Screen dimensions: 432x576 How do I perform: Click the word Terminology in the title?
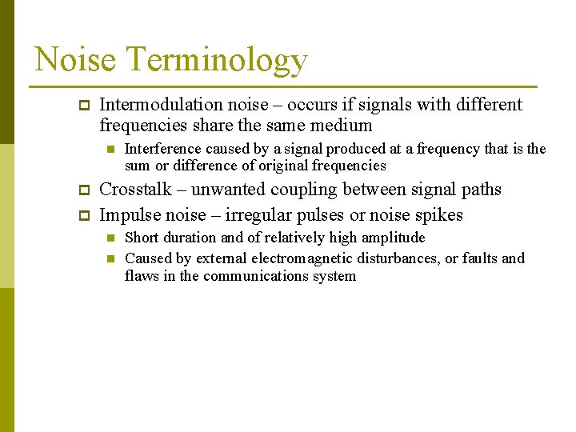pyautogui.click(x=218, y=61)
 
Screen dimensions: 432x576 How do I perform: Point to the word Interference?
pyautogui.click(x=164, y=149)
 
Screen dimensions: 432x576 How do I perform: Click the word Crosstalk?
pyautogui.click(x=135, y=190)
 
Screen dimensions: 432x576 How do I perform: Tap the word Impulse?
pyautogui.click(x=130, y=215)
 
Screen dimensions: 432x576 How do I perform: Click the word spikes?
pyautogui.click(x=438, y=216)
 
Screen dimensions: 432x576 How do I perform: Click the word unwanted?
pyautogui.click(x=231, y=190)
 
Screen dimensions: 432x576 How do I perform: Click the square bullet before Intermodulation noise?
pyautogui.click(x=82, y=105)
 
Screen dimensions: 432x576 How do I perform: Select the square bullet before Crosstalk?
pyautogui.click(x=82, y=190)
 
